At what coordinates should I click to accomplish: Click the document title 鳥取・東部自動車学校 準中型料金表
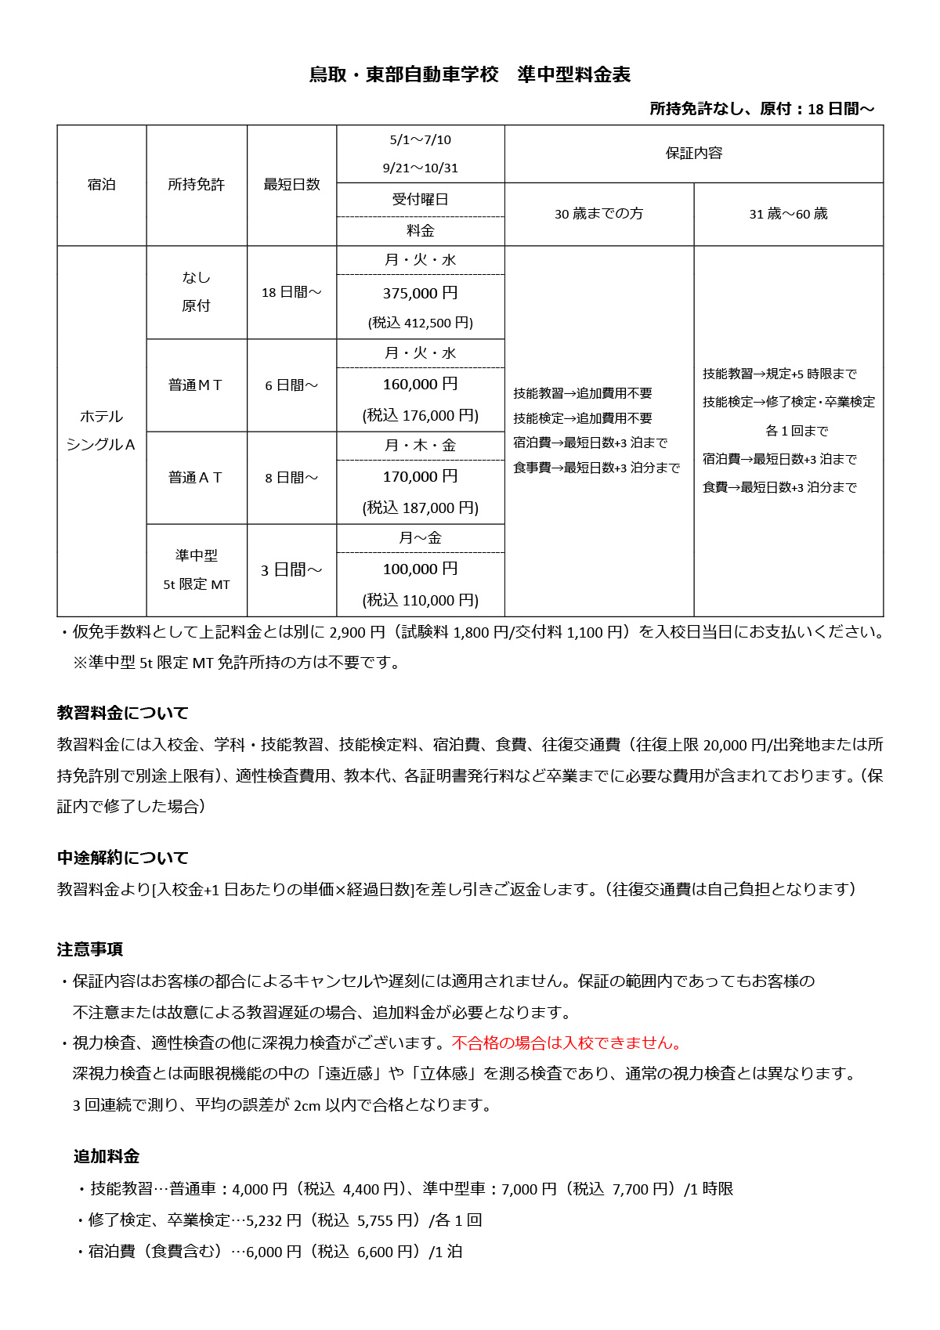click(x=470, y=74)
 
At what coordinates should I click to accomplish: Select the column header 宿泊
click(x=101, y=185)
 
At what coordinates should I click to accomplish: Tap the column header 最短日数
click(x=291, y=185)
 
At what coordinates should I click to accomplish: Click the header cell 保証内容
click(x=693, y=154)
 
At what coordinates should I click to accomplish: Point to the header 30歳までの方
click(x=598, y=214)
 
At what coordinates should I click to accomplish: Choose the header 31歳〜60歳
click(x=788, y=214)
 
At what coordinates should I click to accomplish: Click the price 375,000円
click(x=420, y=293)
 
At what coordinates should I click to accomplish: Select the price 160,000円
click(x=420, y=385)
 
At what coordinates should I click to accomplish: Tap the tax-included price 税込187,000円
click(x=420, y=508)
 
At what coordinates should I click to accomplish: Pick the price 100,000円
click(x=420, y=569)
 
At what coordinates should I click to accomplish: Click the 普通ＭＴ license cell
click(x=196, y=385)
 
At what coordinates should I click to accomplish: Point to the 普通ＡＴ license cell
click(x=196, y=478)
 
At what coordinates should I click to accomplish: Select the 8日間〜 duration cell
click(x=291, y=478)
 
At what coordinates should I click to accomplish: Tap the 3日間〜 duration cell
click(x=291, y=570)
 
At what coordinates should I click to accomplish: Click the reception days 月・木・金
click(x=420, y=446)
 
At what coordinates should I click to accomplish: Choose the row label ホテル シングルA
click(x=101, y=431)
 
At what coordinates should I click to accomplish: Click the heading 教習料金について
click(x=123, y=713)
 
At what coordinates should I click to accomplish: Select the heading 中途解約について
click(x=123, y=858)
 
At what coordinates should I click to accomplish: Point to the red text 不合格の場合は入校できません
click(x=567, y=1043)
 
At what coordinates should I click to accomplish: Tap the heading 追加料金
click(x=107, y=1156)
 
